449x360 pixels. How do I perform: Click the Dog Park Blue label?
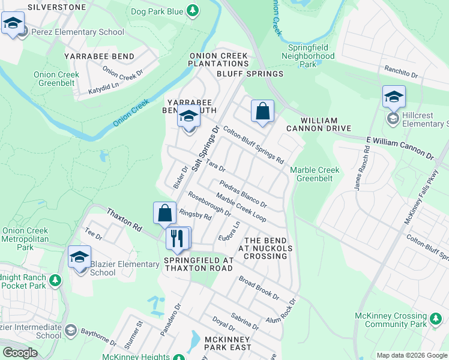point(157,11)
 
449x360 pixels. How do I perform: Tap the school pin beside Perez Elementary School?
point(13,25)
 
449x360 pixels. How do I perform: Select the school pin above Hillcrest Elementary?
point(394,97)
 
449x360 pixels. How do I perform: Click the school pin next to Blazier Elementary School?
point(79,258)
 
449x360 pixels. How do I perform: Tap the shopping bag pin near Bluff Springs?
point(262,112)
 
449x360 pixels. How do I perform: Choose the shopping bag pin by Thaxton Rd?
point(164,214)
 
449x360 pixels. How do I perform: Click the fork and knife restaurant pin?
point(177,238)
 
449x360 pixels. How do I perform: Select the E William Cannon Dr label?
point(399,147)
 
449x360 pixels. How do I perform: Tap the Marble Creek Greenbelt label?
point(315,174)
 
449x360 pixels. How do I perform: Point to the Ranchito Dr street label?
point(401,73)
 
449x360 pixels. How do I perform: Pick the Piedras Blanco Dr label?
point(243,194)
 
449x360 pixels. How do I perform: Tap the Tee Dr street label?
point(90,232)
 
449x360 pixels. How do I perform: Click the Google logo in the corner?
point(20,353)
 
